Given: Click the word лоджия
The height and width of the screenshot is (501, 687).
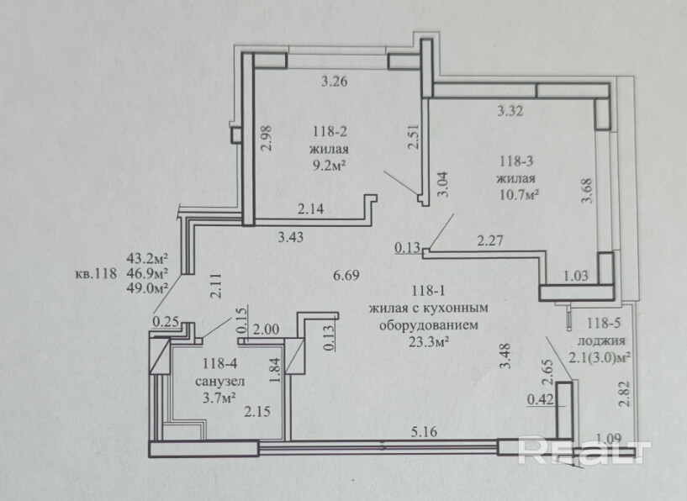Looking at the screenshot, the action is pyautogui.click(x=600, y=341).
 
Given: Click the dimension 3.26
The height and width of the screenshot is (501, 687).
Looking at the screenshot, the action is pyautogui.click(x=335, y=82).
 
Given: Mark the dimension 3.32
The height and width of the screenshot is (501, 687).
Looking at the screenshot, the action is pyautogui.click(x=511, y=109).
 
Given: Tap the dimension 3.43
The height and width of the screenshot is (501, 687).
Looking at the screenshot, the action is pyautogui.click(x=291, y=238).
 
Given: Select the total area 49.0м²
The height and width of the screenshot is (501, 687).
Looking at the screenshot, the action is pyautogui.click(x=147, y=287).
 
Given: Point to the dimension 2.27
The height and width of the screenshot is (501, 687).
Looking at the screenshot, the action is pyautogui.click(x=489, y=241).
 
